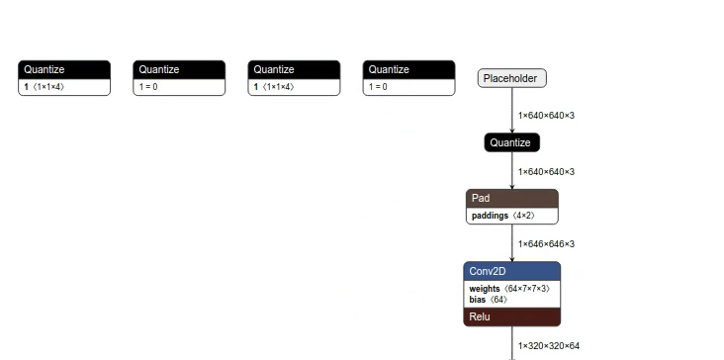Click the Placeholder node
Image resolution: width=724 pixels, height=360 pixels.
pyautogui.click(x=511, y=78)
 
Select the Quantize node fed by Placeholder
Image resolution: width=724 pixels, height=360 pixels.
pyautogui.click(x=511, y=143)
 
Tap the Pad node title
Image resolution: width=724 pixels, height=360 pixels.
pyautogui.click(x=511, y=199)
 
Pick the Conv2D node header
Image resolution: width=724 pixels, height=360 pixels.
pyautogui.click(x=511, y=271)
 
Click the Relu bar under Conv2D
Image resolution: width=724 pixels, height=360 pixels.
pyautogui.click(x=511, y=316)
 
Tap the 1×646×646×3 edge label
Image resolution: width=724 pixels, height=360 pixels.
pyautogui.click(x=546, y=243)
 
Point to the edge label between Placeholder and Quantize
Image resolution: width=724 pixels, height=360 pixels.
pyautogui.click(x=546, y=116)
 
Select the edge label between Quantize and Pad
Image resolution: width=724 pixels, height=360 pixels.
pyautogui.click(x=546, y=171)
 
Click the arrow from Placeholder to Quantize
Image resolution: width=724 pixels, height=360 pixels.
pyautogui.click(x=512, y=110)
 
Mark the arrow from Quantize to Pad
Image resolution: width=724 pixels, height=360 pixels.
pyautogui.click(x=512, y=170)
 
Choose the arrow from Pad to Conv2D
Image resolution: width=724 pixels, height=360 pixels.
pyautogui.click(x=512, y=242)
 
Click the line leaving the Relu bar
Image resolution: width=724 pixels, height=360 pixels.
pyautogui.click(x=512, y=342)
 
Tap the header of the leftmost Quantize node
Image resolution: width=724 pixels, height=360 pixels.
pyautogui.click(x=64, y=69)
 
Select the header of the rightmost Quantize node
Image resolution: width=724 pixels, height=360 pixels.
pyautogui.click(x=408, y=69)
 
